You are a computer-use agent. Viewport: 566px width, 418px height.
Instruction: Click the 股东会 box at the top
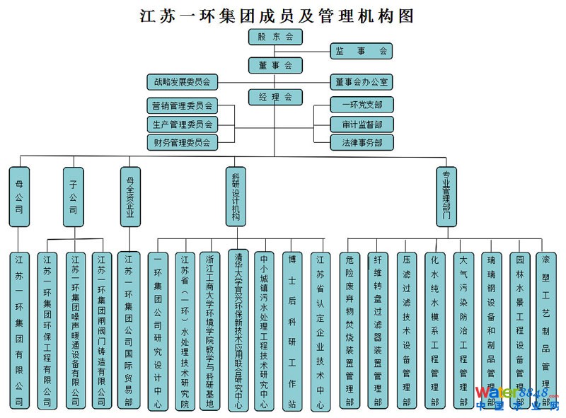275,37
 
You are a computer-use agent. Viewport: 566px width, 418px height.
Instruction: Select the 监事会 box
361,51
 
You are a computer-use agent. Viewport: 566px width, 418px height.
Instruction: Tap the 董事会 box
275,66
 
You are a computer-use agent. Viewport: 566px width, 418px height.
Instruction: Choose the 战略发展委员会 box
183,82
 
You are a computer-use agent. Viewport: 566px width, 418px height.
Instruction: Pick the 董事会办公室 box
361,82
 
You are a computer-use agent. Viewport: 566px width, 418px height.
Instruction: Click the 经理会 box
275,98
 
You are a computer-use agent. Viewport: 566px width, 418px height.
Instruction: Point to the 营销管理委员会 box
183,106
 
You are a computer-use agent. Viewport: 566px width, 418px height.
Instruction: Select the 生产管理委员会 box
183,124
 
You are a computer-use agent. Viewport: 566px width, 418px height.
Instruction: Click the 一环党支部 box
361,105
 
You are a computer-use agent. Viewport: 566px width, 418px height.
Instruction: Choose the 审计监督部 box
361,124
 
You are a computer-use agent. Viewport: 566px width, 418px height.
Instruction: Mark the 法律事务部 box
361,143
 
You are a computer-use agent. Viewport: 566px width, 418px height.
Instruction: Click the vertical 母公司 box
18,196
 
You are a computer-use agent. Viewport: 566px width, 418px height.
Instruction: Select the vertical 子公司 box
73,196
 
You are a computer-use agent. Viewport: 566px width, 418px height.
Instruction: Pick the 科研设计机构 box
236,196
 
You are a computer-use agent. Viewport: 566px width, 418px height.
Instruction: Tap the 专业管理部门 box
446,196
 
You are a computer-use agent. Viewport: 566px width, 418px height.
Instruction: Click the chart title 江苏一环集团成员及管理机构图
277,15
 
